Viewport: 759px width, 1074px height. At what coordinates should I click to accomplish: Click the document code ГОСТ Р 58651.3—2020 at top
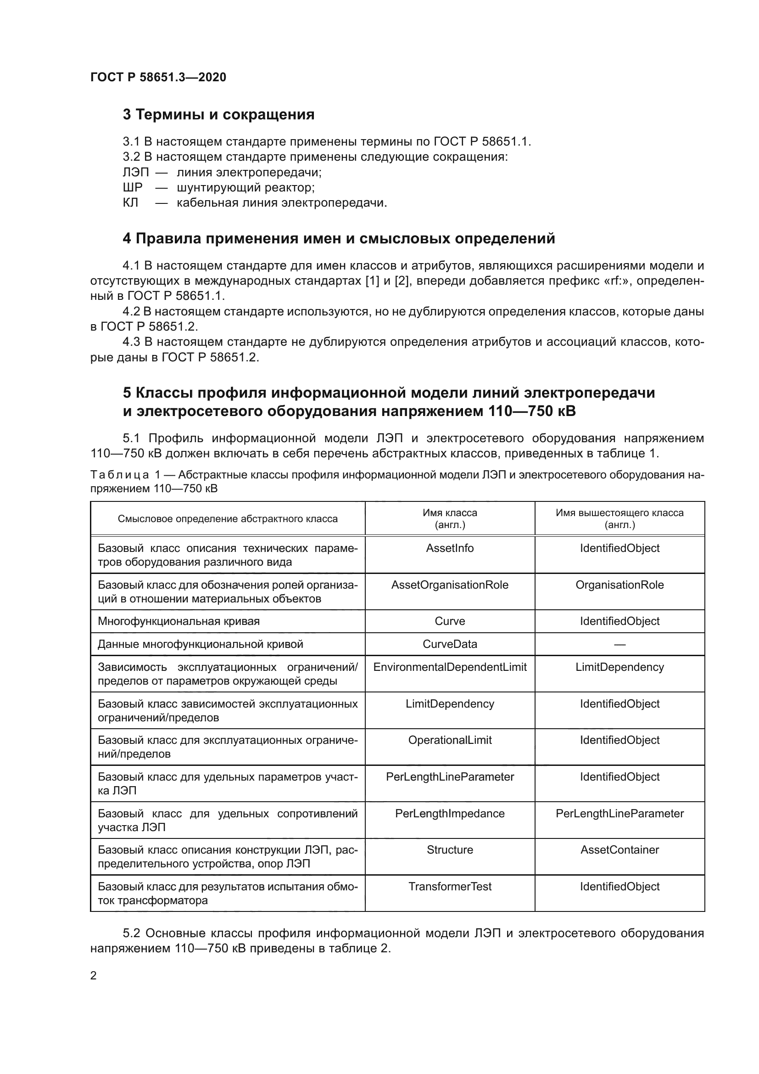pos(158,77)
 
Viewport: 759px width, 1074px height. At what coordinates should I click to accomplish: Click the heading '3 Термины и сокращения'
pos(218,115)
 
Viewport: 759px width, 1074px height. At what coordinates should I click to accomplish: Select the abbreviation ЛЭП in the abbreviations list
pos(135,173)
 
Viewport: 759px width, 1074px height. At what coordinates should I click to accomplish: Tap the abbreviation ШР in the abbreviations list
pos(132,188)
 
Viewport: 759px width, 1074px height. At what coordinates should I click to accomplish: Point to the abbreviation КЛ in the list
pos(130,203)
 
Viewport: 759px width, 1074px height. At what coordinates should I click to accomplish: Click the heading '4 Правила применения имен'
pos(338,239)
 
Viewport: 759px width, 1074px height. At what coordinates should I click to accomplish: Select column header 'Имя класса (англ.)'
pos(450,518)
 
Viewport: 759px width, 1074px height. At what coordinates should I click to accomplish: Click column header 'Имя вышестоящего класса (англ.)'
pos(619,518)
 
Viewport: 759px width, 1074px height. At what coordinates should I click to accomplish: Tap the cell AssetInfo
pos(450,548)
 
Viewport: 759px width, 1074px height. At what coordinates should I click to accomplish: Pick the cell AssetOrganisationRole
pos(450,585)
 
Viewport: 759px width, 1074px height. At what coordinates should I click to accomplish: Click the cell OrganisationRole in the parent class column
pos(619,585)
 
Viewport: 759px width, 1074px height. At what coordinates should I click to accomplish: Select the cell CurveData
pos(450,645)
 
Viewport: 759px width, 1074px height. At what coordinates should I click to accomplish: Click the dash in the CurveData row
pos(619,645)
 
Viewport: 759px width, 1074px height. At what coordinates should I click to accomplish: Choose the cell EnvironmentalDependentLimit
pos(450,668)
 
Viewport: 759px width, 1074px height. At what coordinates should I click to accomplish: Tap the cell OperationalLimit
pos(450,741)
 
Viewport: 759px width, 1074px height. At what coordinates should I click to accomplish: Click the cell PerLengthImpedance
pos(450,814)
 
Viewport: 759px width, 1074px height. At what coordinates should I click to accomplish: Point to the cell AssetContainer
pos(619,850)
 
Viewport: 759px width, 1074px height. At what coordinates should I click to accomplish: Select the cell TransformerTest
pos(450,887)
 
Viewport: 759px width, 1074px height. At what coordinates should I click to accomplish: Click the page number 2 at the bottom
pos(94,976)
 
